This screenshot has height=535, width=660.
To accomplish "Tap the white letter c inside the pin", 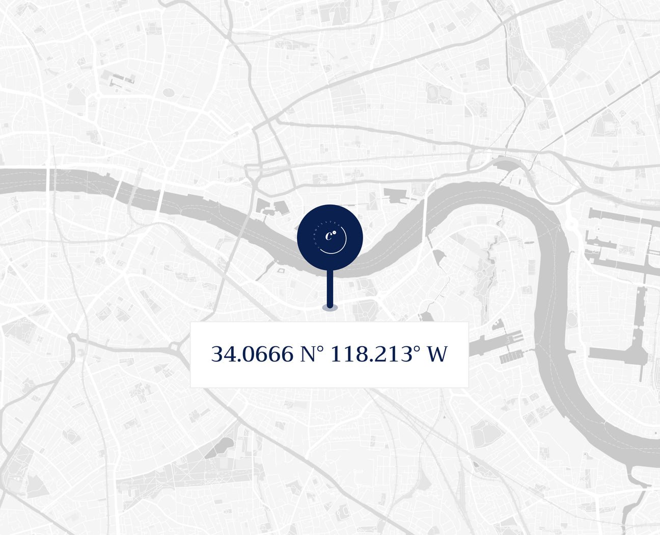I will tap(329, 236).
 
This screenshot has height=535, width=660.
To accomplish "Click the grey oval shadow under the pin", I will tap(329, 308).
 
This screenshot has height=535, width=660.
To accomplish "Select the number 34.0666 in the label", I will tap(252, 354).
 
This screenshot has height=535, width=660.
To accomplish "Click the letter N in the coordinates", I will tap(308, 354).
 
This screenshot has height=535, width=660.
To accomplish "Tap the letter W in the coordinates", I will tap(437, 354).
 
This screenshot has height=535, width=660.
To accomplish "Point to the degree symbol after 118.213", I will tap(417, 348).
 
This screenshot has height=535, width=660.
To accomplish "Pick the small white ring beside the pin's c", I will tap(335, 233).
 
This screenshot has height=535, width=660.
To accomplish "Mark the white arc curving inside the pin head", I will tap(338, 247).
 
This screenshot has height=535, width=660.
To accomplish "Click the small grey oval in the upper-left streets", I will tap(169, 92).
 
